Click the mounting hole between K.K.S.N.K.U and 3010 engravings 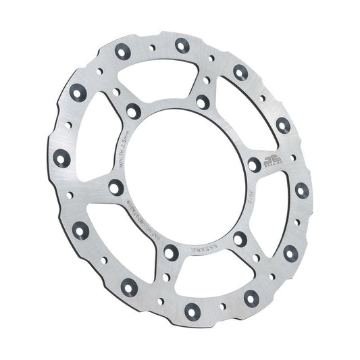coord(239,238)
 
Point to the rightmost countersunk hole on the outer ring coord(301,190)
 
